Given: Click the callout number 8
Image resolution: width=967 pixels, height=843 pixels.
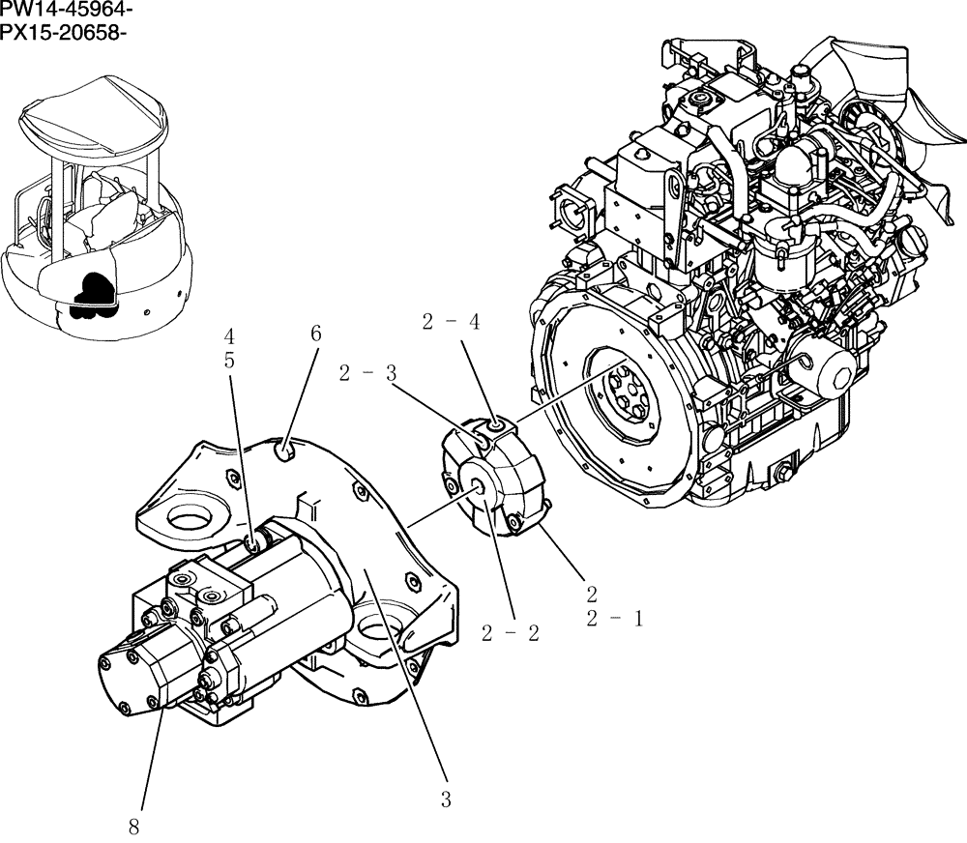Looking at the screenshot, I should click(133, 827).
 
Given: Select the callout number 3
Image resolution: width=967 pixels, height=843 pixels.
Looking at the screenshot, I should click(445, 799).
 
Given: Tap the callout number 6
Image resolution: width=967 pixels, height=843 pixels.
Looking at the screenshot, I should click(315, 334).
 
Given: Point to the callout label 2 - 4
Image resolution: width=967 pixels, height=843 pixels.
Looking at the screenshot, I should click(451, 323).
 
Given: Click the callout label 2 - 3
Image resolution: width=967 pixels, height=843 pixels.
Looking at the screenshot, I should click(367, 374).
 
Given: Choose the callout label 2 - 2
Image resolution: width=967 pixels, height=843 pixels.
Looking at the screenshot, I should click(510, 633).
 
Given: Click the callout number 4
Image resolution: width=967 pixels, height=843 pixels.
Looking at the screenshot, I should click(229, 336).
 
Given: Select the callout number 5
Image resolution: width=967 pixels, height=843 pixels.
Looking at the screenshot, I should click(229, 360).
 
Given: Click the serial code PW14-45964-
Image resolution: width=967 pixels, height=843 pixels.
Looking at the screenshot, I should click(67, 11).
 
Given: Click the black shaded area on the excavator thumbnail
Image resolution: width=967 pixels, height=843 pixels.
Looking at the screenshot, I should click(95, 293).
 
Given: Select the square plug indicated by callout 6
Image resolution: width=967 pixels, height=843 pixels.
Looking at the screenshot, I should click(284, 451).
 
